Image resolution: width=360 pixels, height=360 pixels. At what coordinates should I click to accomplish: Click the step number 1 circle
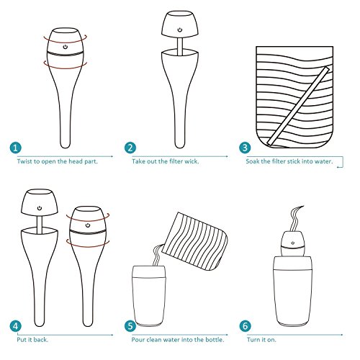tap(16, 148)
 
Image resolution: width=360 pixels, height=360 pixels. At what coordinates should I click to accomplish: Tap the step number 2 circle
tap(130, 148)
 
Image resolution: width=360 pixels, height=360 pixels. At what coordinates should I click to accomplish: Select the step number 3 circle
tap(245, 148)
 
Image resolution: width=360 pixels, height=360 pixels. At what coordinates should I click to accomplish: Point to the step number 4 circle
tap(16, 326)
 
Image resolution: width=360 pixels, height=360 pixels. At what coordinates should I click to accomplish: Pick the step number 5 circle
tap(130, 326)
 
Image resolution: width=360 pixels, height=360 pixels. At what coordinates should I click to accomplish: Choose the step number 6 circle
tap(245, 326)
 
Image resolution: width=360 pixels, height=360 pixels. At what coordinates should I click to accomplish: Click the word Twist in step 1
tap(24, 161)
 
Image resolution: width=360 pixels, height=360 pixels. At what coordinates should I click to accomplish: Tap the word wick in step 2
tap(192, 161)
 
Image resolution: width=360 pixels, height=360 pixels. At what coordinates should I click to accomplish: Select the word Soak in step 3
tap(252, 161)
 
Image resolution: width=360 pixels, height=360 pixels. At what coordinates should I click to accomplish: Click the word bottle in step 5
tap(215, 340)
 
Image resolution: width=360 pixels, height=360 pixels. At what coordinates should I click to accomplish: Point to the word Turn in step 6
tap(253, 340)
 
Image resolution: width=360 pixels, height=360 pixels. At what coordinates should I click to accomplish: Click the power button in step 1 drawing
tap(66, 47)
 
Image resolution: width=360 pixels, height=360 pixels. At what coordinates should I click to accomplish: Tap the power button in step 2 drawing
tap(180, 30)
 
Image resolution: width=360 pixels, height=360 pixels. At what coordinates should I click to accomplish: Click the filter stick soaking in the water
tap(298, 106)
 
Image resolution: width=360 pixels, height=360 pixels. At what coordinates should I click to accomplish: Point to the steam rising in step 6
tap(296, 218)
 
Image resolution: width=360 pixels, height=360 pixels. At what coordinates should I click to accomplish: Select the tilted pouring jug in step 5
tap(195, 241)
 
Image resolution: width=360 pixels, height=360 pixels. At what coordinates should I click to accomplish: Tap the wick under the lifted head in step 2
tap(180, 46)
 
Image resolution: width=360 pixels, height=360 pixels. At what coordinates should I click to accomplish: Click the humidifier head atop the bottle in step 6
tap(292, 243)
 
